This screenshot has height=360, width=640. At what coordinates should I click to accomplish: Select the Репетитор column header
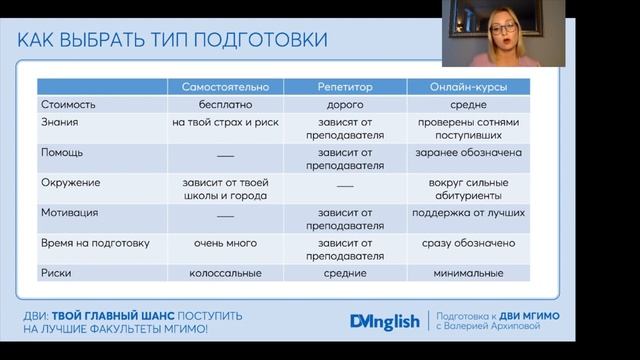pyautogui.click(x=345, y=87)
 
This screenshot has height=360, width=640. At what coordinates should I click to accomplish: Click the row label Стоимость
pyautogui.click(x=67, y=104)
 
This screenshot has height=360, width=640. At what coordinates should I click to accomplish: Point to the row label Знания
pyautogui.click(x=57, y=122)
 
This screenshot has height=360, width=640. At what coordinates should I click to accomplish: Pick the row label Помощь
pyautogui.click(x=62, y=153)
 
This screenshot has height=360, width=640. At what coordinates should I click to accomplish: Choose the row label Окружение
pyautogui.click(x=69, y=183)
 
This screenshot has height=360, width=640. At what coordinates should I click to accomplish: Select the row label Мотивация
pyautogui.click(x=69, y=213)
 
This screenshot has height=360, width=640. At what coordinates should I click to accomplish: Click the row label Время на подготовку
pyautogui.click(x=95, y=243)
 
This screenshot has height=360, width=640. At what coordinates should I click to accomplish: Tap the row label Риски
pyautogui.click(x=55, y=272)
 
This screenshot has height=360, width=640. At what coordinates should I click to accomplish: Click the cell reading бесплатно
pyautogui.click(x=225, y=104)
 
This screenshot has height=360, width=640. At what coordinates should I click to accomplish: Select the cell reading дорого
pyautogui.click(x=345, y=104)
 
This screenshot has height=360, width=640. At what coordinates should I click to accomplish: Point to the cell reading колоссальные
pyautogui.click(x=225, y=272)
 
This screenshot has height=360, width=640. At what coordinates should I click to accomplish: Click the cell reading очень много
pyautogui.click(x=225, y=243)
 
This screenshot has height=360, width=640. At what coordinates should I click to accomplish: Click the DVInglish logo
pyautogui.click(x=385, y=321)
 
